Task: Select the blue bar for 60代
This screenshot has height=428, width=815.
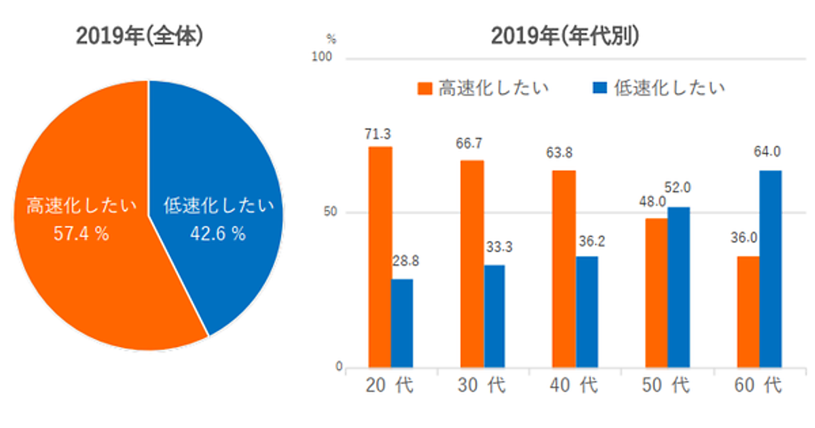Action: click(x=770, y=269)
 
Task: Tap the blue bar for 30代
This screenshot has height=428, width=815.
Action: click(x=494, y=316)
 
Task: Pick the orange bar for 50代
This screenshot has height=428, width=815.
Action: click(x=656, y=293)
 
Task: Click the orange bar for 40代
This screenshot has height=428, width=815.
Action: click(x=564, y=269)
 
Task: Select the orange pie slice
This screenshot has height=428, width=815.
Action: click(x=81, y=272)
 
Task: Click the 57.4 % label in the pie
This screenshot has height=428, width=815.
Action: click(x=81, y=234)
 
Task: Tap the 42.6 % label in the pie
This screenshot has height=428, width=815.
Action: click(x=218, y=234)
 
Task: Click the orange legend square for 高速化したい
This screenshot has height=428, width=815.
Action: click(x=425, y=88)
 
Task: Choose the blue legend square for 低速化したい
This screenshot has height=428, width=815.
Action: click(x=600, y=88)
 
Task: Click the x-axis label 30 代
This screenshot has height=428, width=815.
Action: click(x=481, y=386)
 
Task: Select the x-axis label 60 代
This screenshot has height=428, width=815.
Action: click(x=757, y=386)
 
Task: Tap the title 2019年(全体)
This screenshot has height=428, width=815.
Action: click(x=140, y=37)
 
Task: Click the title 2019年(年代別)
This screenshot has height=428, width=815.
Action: click(x=565, y=37)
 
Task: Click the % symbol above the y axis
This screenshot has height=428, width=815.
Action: click(x=331, y=38)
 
